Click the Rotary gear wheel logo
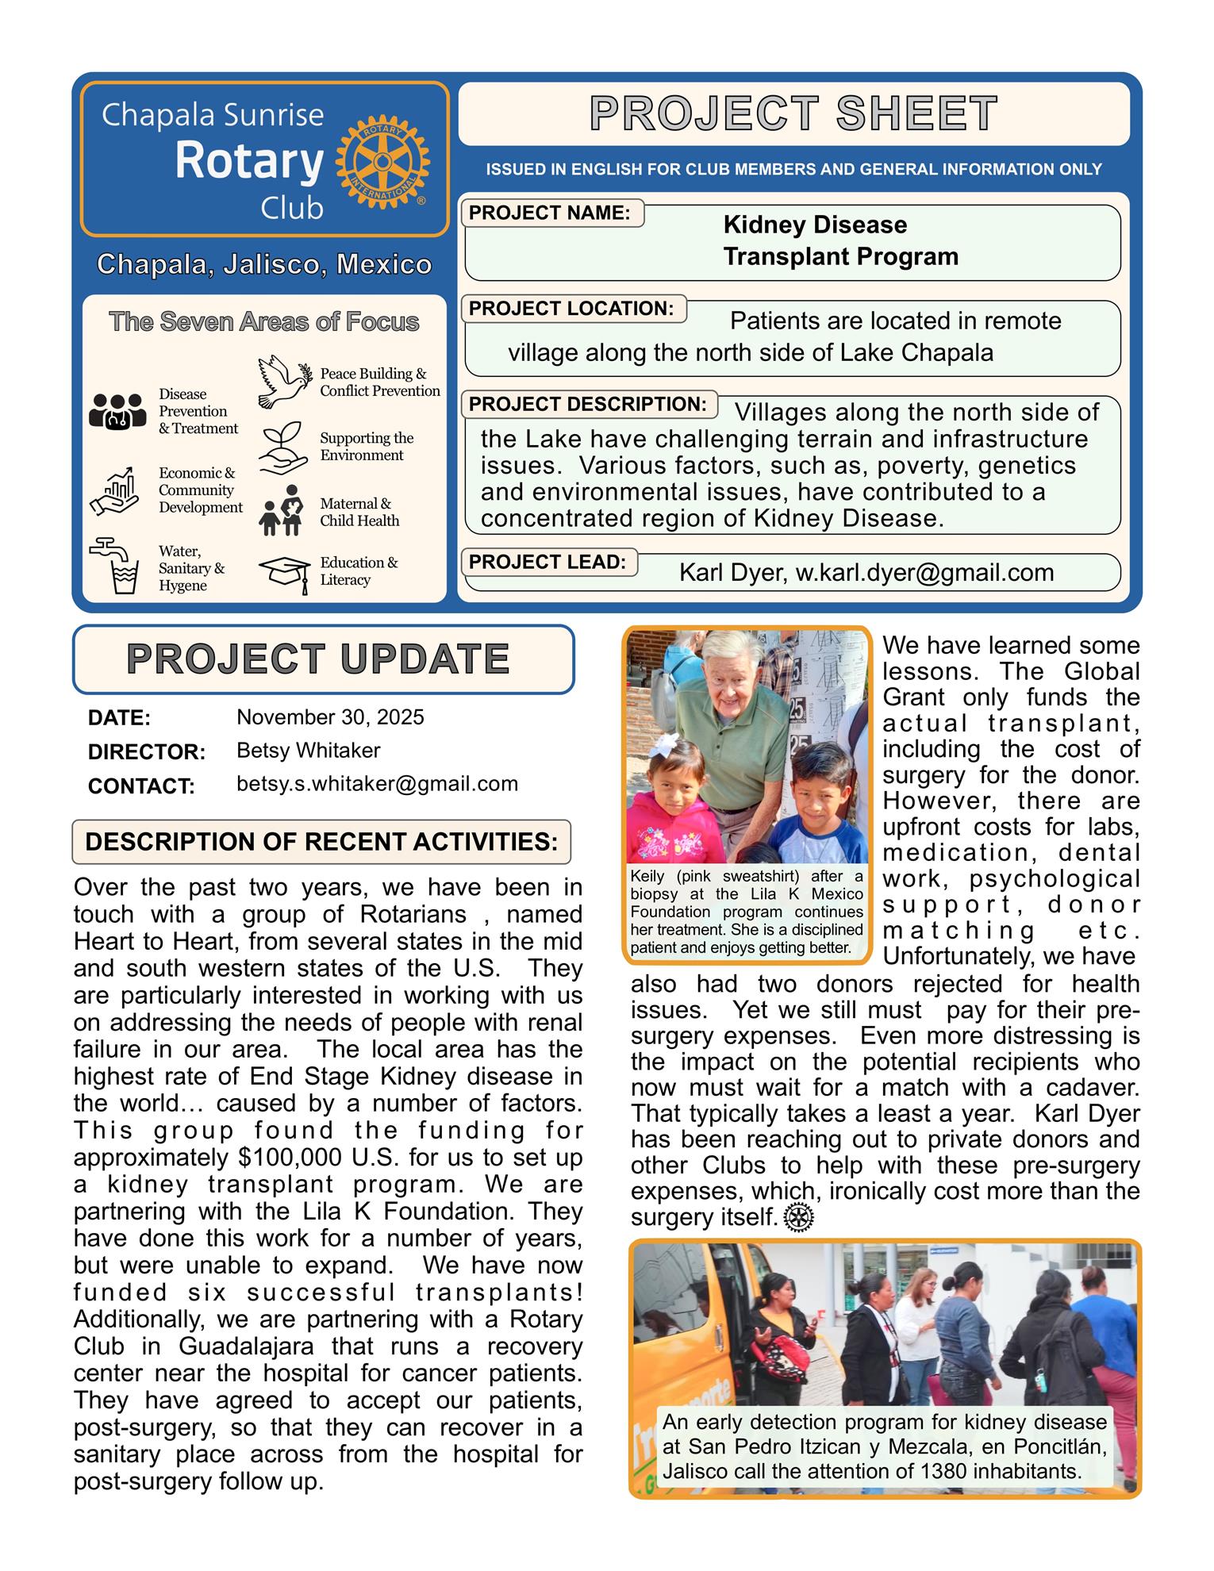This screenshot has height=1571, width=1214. click(382, 163)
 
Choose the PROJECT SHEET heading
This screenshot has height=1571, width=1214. click(793, 113)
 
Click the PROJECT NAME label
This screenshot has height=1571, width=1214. click(550, 213)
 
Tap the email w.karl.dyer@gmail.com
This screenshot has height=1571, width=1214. click(924, 573)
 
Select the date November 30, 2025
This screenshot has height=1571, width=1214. click(330, 717)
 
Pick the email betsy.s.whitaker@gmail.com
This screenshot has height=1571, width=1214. click(377, 784)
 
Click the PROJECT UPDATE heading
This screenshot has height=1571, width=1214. click(318, 659)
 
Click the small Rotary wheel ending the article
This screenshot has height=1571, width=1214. click(798, 1218)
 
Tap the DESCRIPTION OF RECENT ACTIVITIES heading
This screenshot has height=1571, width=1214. click(321, 842)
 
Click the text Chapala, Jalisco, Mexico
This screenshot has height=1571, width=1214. click(264, 265)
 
